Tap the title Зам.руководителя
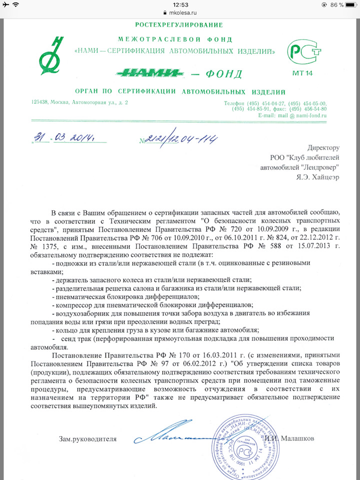click(x=87, y=439)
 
